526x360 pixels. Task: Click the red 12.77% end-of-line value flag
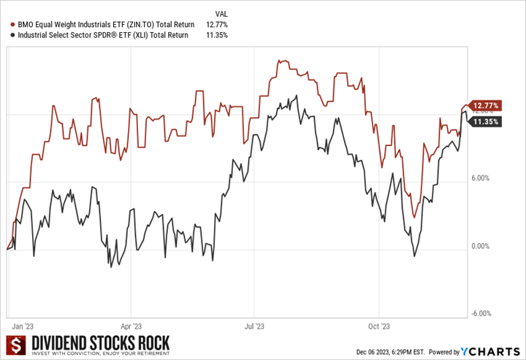tap(485, 106)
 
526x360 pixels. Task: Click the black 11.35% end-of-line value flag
tap(485, 122)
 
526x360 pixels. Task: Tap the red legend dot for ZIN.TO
tap(7, 24)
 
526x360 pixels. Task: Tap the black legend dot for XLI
tap(7, 34)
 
